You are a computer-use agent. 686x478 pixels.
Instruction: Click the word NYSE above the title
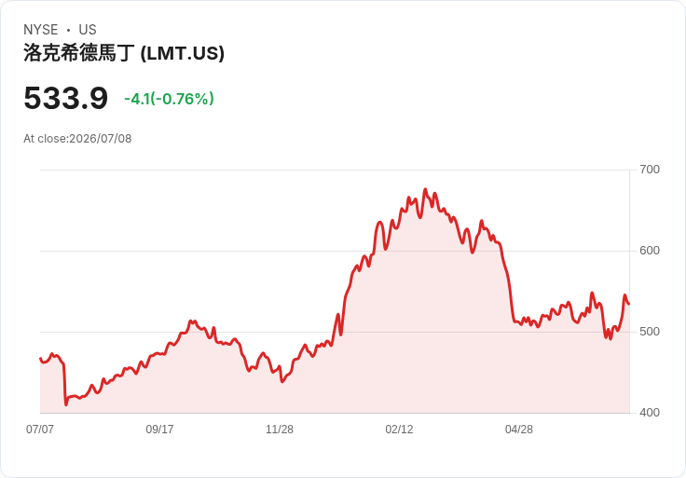click(x=41, y=30)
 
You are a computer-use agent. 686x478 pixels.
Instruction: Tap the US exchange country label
click(x=88, y=30)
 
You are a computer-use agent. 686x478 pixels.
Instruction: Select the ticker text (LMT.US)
click(x=183, y=53)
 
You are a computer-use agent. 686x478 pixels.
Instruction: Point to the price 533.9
click(x=65, y=98)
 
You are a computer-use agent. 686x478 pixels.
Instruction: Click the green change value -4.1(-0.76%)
click(x=169, y=99)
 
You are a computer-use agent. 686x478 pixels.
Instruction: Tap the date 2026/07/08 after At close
click(x=100, y=139)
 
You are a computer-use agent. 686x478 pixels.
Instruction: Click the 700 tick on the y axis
click(x=650, y=170)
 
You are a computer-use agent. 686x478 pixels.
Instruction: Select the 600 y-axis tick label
click(x=650, y=251)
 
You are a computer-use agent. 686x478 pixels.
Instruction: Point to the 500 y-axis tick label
click(x=650, y=332)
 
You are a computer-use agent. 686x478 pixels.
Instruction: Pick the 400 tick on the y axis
click(x=650, y=413)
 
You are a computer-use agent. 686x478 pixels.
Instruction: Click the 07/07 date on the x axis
click(x=40, y=429)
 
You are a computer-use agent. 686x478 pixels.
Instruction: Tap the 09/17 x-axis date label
click(x=159, y=429)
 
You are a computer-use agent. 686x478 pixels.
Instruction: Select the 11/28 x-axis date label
click(x=280, y=429)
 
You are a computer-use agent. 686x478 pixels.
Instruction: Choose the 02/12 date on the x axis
click(x=399, y=429)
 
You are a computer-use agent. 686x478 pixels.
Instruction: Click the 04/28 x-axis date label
click(x=519, y=429)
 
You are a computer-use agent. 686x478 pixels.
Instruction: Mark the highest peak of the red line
click(x=425, y=189)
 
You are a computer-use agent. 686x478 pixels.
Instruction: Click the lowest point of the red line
click(x=66, y=404)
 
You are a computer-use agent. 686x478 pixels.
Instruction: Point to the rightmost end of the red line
click(x=629, y=304)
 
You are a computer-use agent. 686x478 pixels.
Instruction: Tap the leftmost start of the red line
click(x=40, y=359)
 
